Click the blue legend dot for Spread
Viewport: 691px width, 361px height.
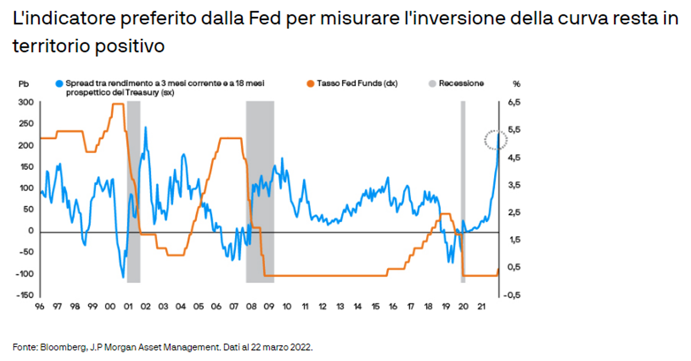coord(59,84)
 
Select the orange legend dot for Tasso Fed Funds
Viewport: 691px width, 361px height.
coord(311,84)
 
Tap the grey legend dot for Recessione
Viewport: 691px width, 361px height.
coord(432,84)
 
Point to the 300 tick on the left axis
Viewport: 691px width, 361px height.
coord(26,102)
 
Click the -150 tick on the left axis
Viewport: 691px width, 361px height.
coord(25,295)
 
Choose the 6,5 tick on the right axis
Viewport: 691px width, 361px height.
coord(514,102)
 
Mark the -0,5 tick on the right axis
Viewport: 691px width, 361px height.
coord(512,295)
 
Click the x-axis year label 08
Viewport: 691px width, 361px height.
coord(251,306)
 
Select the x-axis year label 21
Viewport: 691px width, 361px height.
coord(481,306)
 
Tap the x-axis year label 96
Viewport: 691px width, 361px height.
coord(40,306)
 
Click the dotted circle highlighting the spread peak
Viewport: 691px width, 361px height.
coord(496,140)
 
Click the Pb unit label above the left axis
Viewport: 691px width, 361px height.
coord(24,84)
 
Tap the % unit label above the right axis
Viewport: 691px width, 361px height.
coord(516,84)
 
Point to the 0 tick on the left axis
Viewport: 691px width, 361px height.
coord(31,231)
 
